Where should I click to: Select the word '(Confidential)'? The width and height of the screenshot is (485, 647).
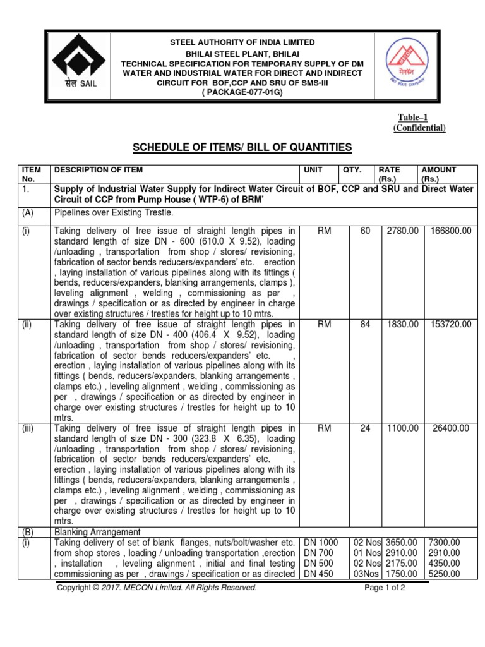419,128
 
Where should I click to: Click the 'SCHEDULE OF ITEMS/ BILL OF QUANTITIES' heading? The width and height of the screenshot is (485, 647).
242,148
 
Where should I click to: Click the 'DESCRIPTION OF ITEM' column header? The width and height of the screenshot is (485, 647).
99,170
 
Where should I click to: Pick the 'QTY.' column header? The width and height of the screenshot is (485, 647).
352,170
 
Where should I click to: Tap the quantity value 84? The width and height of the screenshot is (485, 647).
365,324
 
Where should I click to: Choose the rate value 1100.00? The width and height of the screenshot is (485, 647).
403,428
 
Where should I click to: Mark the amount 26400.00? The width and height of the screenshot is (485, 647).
451,428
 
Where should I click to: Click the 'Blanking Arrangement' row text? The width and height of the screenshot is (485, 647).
98,532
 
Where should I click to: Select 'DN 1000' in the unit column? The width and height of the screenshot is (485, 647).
321,542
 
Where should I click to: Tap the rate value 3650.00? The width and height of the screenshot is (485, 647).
402,542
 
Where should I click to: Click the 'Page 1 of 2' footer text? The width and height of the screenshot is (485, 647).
385,588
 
